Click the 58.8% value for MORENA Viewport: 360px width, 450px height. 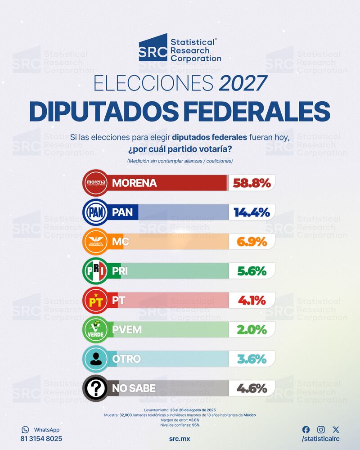[x=252, y=183]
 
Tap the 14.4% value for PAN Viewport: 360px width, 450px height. [x=252, y=212]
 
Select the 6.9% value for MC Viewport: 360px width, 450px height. [x=252, y=242]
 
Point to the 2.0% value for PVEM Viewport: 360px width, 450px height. [x=252, y=329]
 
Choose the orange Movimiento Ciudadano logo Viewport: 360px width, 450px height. [x=95, y=242]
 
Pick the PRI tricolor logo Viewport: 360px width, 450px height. [x=95, y=271]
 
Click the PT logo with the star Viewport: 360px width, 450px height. [x=95, y=300]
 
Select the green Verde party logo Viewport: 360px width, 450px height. [x=95, y=329]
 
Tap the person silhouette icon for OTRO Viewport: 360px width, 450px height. [x=95, y=359]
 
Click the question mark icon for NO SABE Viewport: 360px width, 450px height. [x=95, y=388]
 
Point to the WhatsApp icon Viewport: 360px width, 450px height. [x=25, y=430]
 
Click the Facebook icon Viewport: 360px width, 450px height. [x=306, y=430]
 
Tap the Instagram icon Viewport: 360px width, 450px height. [x=321, y=430]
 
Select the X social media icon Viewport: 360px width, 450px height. [x=336, y=430]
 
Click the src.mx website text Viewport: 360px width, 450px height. [x=180, y=438]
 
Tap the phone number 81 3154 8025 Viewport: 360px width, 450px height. [x=41, y=438]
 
